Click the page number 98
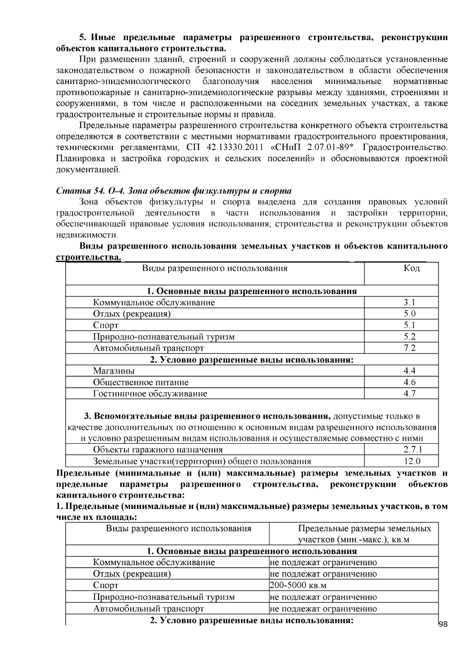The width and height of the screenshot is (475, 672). point(443,625)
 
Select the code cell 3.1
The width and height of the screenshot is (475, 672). point(409,303)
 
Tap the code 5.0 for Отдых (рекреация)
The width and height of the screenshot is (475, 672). point(409,314)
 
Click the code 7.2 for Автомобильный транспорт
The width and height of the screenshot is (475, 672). point(409,348)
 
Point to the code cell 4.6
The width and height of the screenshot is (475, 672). point(409,382)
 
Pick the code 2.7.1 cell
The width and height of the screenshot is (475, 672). point(413,450)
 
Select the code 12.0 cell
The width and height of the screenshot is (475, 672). point(412,461)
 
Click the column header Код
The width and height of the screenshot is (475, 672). point(411,268)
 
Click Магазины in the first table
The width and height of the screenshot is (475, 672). point(114,371)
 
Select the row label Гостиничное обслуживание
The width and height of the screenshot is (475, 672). point(150,394)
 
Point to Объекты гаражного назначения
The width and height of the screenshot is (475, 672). point(158,450)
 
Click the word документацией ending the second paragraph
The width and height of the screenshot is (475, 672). point(88,170)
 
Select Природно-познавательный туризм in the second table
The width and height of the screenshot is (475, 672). point(164,597)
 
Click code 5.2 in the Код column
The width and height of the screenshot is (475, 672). point(409,337)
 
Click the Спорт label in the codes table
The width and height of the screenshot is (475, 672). point(106,325)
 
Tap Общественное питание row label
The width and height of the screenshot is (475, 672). point(141,382)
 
